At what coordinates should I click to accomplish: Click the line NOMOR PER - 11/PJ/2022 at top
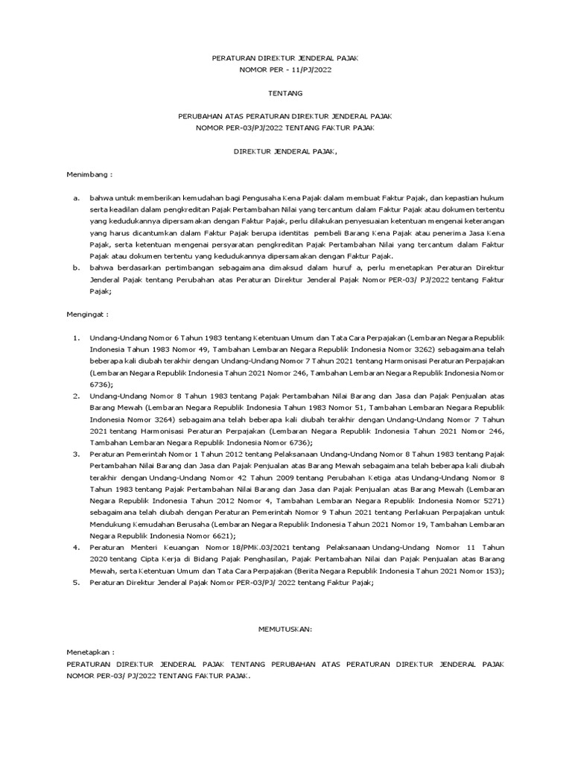click(285, 69)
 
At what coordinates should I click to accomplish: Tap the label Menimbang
click(89, 174)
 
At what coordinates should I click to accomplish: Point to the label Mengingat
click(89, 314)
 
